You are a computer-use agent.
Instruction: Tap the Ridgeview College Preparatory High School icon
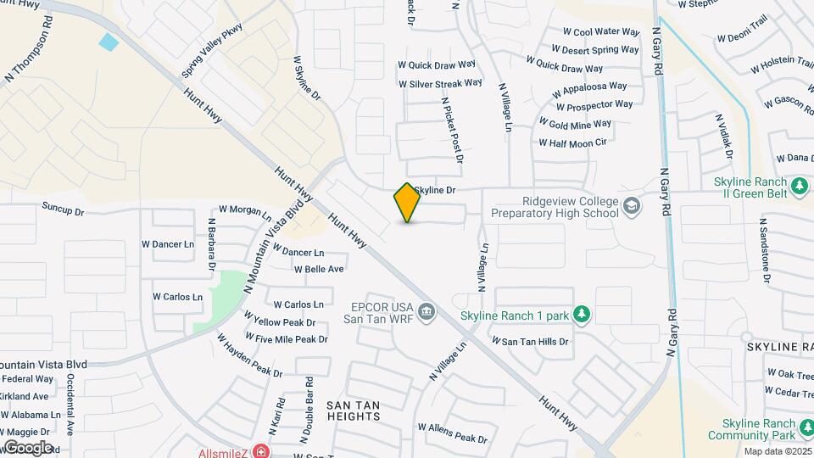631,206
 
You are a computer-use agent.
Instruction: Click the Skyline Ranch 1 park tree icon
581,316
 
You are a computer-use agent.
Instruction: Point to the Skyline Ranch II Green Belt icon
798,186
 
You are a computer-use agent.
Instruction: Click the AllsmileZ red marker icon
260,451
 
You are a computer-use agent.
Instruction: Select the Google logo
28,447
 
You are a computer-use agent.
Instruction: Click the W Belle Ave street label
319,269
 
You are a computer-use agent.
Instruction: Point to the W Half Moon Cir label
572,142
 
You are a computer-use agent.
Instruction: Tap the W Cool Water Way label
600,32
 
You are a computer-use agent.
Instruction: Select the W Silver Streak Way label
440,84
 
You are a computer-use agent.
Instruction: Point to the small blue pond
109,41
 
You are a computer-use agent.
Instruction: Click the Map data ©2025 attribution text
777,451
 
